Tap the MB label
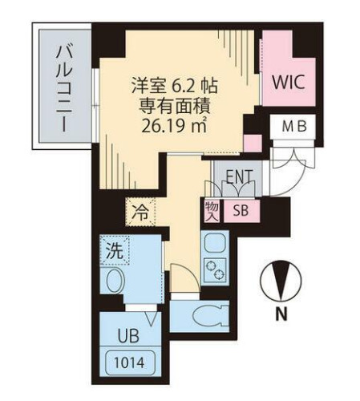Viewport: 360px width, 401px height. tap(293, 127)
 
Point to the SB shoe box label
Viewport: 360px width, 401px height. tap(239, 211)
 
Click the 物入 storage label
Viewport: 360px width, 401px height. tap(212, 210)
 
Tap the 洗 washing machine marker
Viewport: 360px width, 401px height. tap(115, 250)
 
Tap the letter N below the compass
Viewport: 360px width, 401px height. tap(281, 315)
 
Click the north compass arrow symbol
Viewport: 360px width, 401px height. tap(281, 282)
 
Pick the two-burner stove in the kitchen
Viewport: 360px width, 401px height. tap(216, 270)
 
